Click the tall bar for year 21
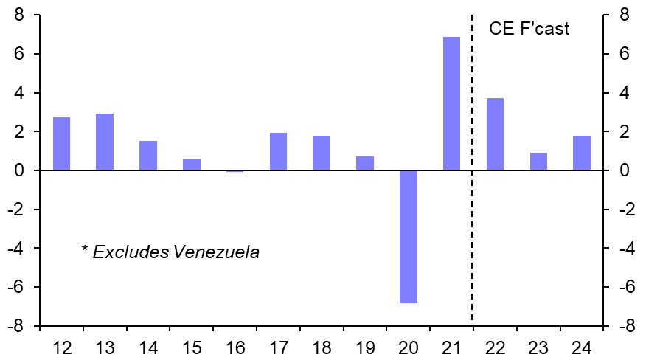[x=451, y=103]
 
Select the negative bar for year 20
[x=409, y=236]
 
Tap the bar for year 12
[x=61, y=144]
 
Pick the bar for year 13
[x=105, y=142]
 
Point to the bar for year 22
[x=495, y=134]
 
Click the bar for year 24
[x=582, y=153]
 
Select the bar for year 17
[x=278, y=151]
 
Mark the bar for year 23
[x=538, y=162]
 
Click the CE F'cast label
[x=529, y=30]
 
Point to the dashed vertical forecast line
[x=472, y=221]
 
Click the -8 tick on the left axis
[x=16, y=326]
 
